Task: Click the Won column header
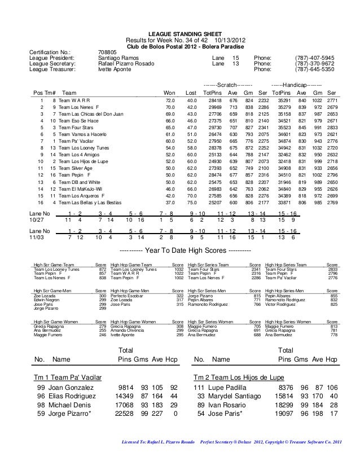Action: [169, 93]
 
